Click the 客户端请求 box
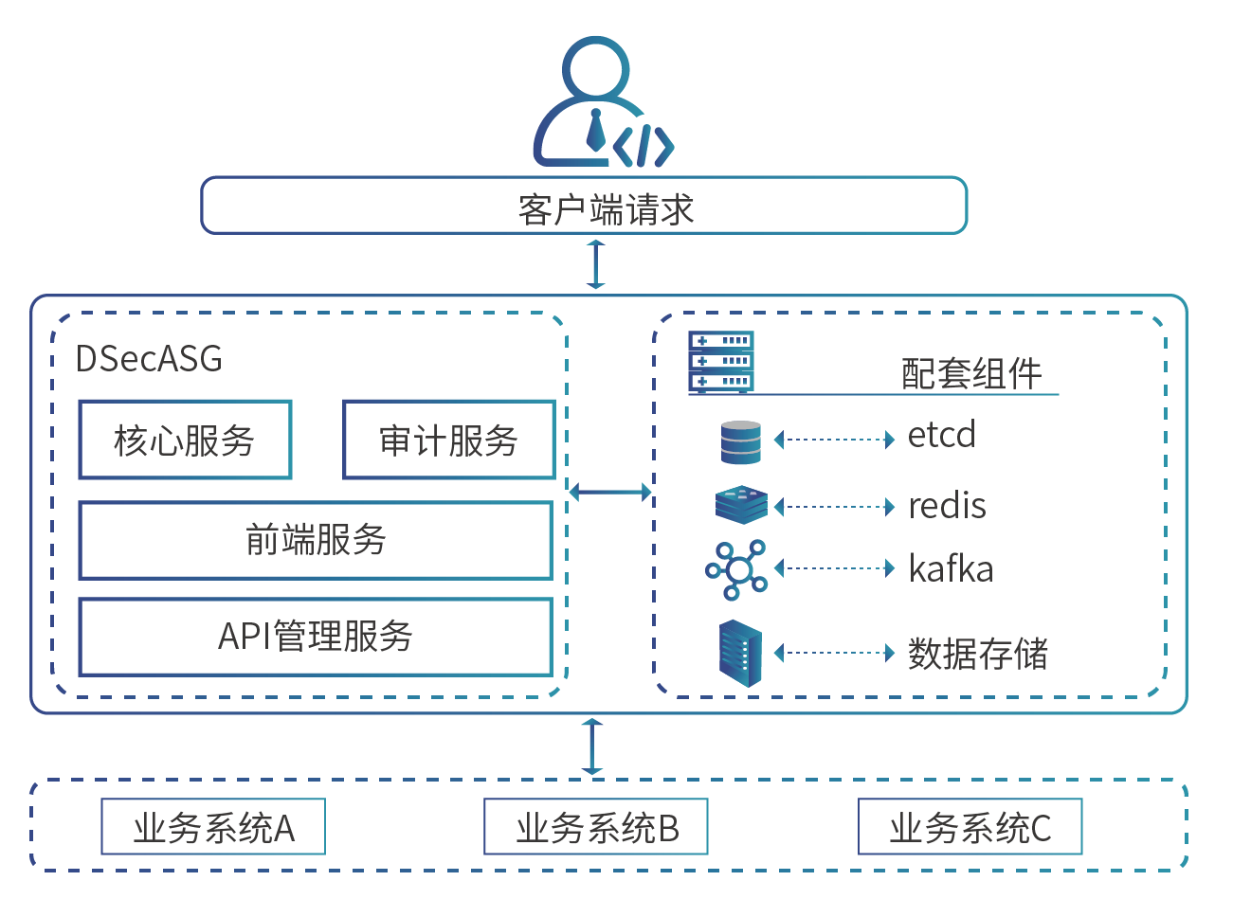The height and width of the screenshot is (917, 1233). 584,206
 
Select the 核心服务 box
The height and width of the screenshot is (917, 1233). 185,440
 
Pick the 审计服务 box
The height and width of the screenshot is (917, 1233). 448,440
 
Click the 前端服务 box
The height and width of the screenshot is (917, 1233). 316,540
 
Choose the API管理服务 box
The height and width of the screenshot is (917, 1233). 316,637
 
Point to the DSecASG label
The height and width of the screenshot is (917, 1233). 149,359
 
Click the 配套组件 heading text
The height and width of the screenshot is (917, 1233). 971,373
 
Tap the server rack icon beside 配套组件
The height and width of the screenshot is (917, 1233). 721,362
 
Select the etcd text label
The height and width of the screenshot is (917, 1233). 941,436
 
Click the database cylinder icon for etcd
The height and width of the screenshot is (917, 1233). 740,442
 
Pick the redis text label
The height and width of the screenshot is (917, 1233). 947,506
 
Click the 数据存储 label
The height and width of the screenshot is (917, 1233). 978,654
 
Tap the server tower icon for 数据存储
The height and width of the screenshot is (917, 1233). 740,653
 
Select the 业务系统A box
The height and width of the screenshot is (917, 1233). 213,827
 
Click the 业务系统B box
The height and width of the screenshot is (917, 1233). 596,827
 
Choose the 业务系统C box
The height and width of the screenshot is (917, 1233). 970,827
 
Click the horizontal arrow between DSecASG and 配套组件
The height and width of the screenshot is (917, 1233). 610,492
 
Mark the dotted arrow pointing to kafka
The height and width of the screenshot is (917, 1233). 834,568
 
